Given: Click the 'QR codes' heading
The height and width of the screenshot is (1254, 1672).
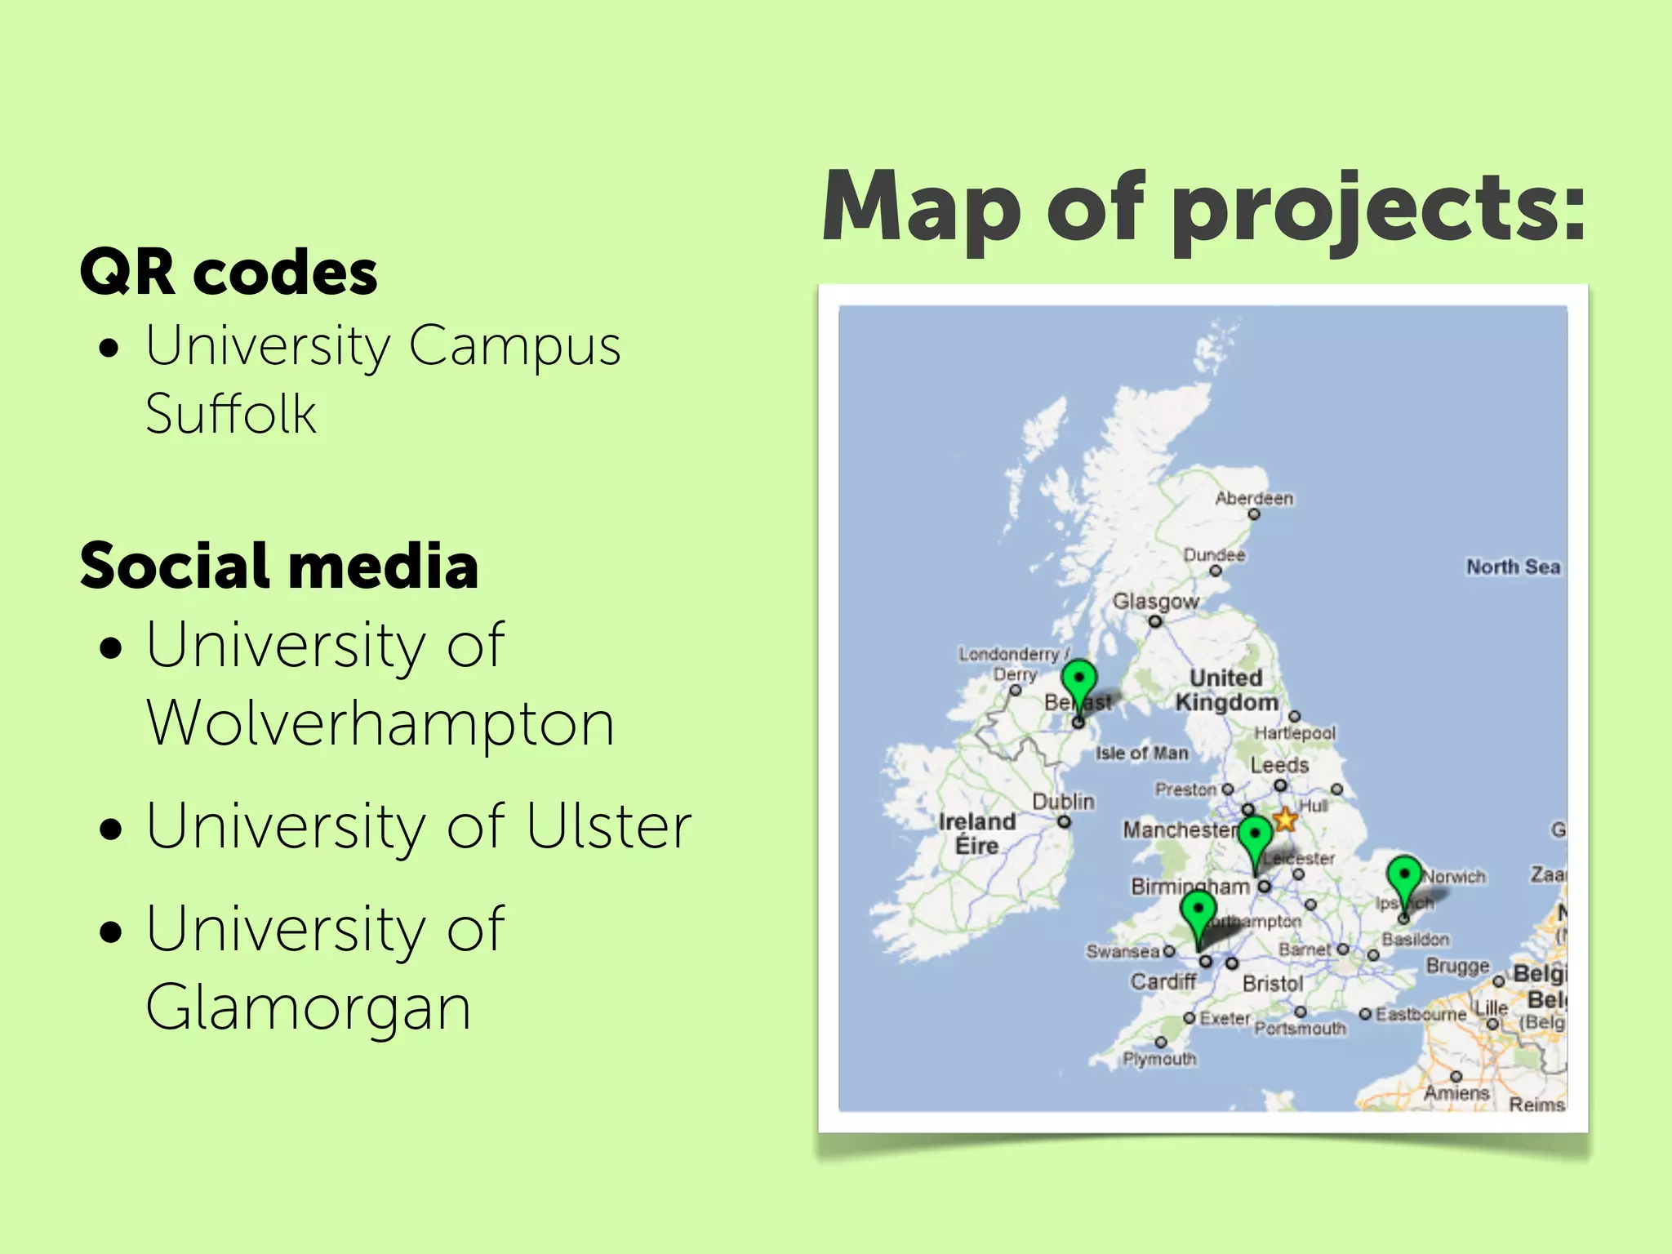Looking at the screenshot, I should [x=229, y=272].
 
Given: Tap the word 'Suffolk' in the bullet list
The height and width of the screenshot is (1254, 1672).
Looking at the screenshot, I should [x=231, y=414].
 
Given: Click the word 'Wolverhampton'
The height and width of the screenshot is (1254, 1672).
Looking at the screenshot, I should [x=380, y=723].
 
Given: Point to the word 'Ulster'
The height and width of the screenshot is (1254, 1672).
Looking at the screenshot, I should [x=609, y=826].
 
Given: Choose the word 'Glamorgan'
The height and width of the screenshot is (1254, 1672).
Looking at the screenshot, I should [x=309, y=1007].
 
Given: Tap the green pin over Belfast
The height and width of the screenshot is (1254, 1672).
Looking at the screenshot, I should [x=1078, y=682].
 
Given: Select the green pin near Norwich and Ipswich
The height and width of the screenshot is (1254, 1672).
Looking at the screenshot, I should [x=1404, y=878].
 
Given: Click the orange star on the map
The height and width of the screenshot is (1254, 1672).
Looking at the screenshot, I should [x=1285, y=819].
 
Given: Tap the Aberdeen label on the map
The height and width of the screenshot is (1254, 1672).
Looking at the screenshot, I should [x=1254, y=498].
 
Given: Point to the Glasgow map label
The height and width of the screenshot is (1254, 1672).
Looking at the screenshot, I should [x=1155, y=602].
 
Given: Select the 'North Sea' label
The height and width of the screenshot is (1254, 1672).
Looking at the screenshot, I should [x=1513, y=567].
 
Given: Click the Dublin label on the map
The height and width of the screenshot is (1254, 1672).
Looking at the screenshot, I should [x=1063, y=802].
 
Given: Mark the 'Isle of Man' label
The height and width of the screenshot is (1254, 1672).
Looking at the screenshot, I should [x=1141, y=753].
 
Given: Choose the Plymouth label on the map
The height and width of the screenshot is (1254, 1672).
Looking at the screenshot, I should [x=1159, y=1059].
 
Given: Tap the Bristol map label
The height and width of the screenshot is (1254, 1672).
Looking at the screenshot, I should [x=1272, y=984].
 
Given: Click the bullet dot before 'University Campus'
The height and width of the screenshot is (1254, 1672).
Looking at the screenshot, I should [x=109, y=349].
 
